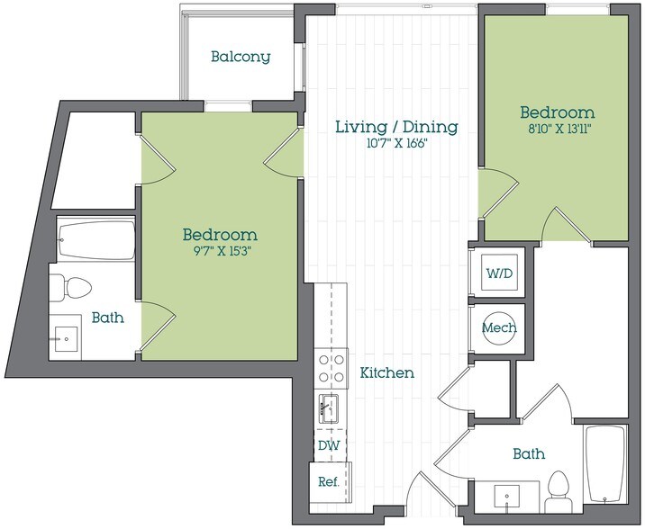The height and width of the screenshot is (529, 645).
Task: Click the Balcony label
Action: point(241,57)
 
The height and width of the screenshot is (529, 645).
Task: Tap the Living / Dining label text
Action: point(396,127)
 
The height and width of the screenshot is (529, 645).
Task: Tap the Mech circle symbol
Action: point(498,328)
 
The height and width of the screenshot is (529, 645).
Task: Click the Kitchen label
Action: point(387,372)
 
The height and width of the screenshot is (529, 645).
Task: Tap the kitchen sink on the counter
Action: point(330,408)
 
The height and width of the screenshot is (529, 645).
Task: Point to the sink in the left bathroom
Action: point(68,340)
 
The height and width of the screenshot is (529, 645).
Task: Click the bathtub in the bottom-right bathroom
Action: point(605,465)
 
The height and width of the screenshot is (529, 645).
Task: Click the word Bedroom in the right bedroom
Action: point(557,112)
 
